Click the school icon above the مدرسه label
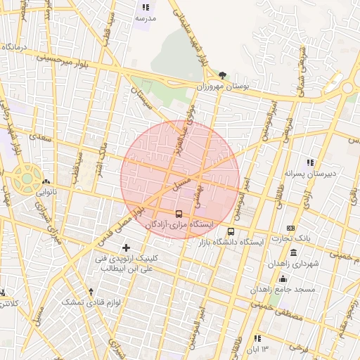146,6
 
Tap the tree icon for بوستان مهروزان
223,75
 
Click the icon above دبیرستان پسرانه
310,163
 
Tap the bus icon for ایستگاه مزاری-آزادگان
179,214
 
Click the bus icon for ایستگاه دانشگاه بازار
231,231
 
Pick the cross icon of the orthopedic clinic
127,247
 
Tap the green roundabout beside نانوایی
27,179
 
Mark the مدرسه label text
146,18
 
